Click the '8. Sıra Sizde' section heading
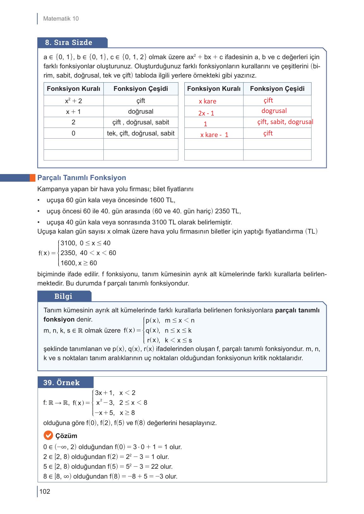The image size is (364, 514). pyautogui.click(x=69, y=42)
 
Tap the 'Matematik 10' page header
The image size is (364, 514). pyautogui.click(x=61, y=19)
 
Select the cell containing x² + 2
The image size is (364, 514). pyautogui.click(x=73, y=101)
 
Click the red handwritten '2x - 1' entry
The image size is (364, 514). pyautogui.click(x=206, y=113)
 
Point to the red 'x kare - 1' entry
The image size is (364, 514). pyautogui.click(x=214, y=135)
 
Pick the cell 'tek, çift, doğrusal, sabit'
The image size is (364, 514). pyautogui.click(x=141, y=133)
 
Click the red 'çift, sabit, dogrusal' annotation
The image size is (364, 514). pyautogui.click(x=285, y=122)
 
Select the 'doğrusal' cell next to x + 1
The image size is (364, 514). pyautogui.click(x=141, y=111)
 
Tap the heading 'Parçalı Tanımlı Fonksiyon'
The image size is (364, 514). pyautogui.click(x=82, y=178)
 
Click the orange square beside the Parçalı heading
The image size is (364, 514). pyautogui.click(x=33, y=178)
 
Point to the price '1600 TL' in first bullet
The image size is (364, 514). pyautogui.click(x=162, y=200)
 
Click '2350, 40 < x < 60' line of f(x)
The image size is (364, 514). pyautogui.click(x=88, y=253)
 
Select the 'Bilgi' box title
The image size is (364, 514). pyautogui.click(x=63, y=296)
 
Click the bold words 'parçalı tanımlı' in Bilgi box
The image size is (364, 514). pyautogui.click(x=297, y=310)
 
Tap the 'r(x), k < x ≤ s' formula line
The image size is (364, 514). pyautogui.click(x=169, y=341)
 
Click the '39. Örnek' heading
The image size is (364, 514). pyautogui.click(x=61, y=383)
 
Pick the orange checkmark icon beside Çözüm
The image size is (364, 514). pyautogui.click(x=48, y=436)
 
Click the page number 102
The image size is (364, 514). pyautogui.click(x=45, y=492)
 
